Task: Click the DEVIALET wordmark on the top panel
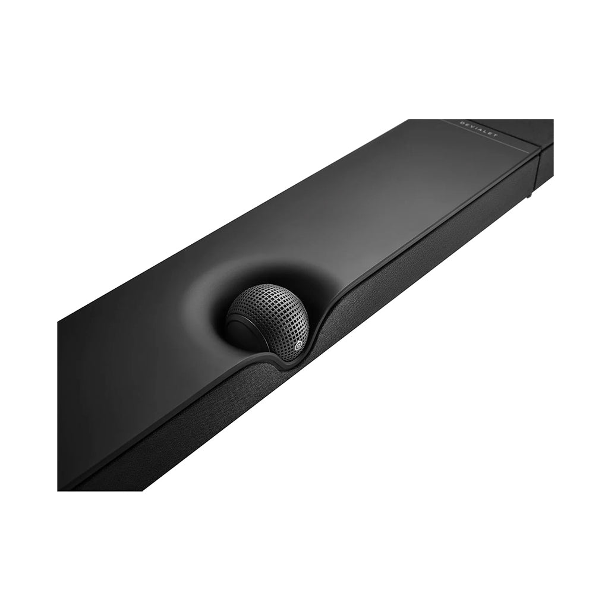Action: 478,129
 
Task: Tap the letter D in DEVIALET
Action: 462,123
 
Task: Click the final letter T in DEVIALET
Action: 495,135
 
